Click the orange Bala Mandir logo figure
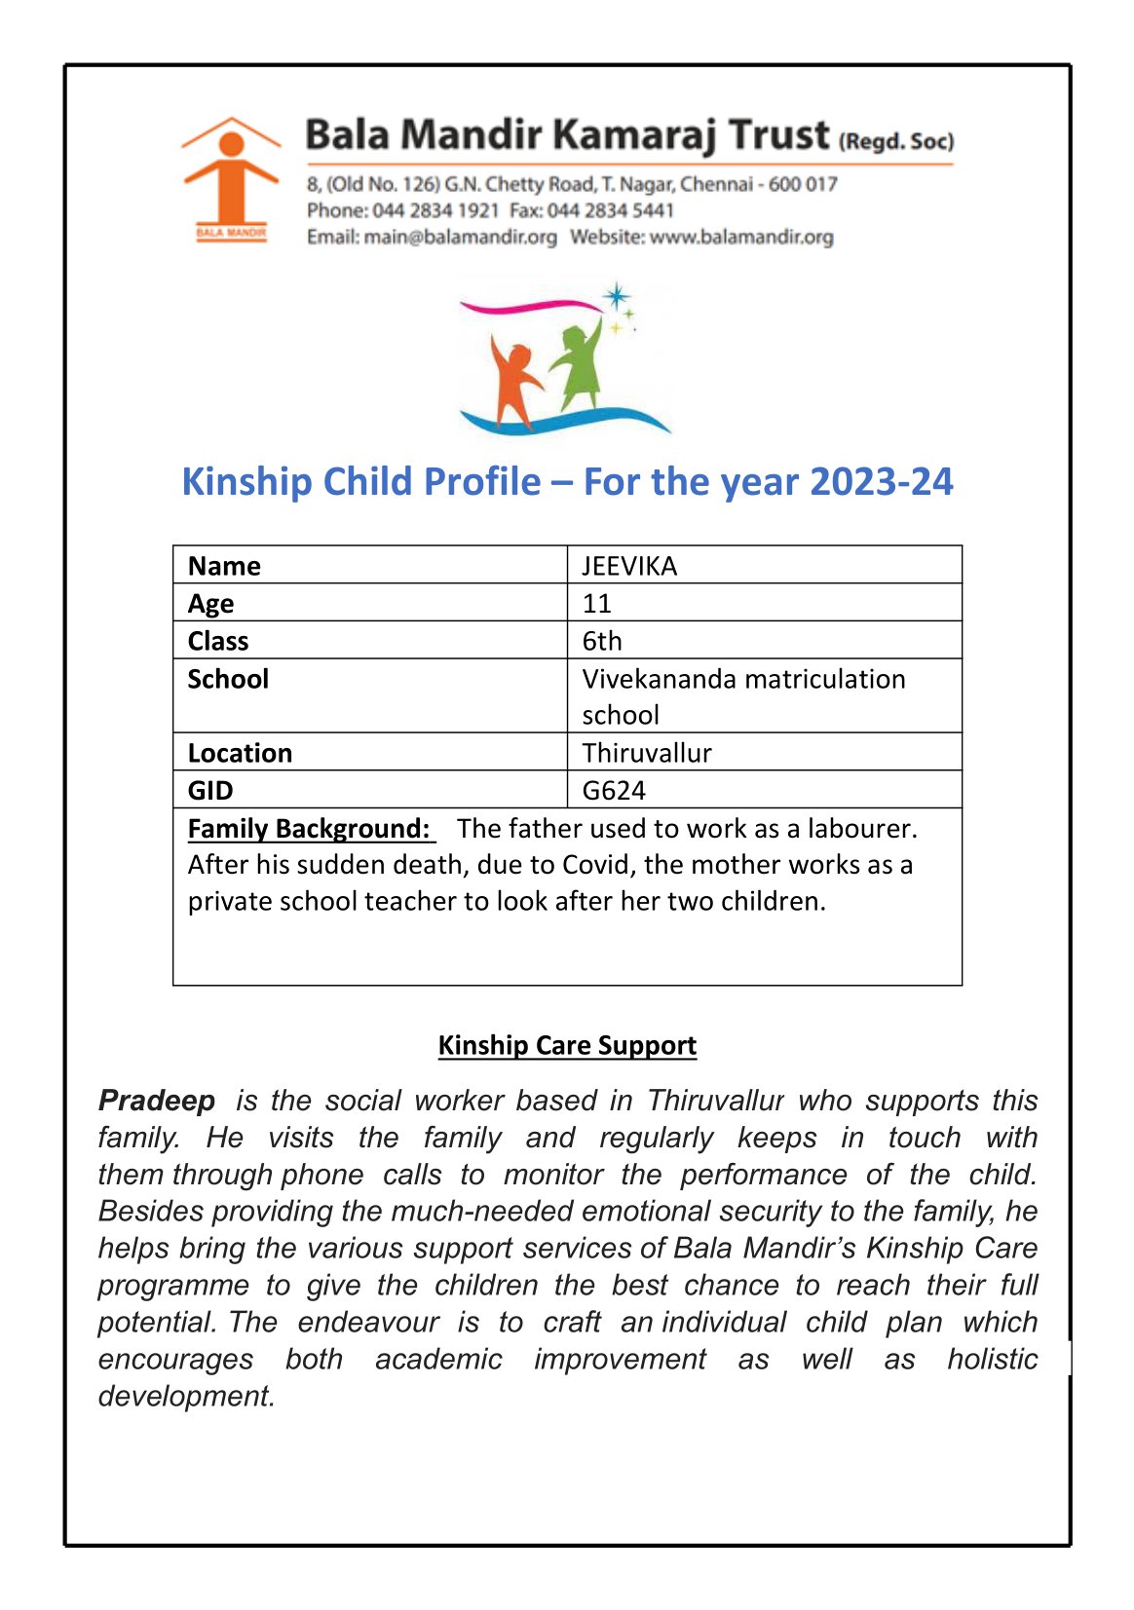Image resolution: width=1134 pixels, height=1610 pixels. coord(230,175)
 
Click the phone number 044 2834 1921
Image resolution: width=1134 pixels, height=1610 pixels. coord(435,210)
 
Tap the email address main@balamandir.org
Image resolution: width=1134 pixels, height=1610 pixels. coord(460,237)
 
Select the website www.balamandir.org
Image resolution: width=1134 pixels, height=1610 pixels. coord(741,237)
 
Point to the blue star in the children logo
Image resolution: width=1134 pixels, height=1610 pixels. coord(616,296)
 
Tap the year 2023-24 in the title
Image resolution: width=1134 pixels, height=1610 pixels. coord(881,481)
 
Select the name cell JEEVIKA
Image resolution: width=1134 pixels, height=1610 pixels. coord(629,566)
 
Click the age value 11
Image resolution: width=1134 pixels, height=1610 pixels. coord(596,604)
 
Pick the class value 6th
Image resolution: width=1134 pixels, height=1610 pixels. coord(602,641)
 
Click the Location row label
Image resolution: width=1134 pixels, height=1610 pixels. coord(240,753)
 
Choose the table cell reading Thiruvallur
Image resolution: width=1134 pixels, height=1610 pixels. coord(647,753)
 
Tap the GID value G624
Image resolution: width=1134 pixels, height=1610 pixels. coord(614,790)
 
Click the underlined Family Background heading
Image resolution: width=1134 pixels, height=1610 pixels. coord(309,828)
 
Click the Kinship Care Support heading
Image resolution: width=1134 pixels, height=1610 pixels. coord(567,1045)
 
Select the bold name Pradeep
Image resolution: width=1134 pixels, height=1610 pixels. coord(157,1101)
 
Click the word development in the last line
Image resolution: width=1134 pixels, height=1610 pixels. coord(186,1396)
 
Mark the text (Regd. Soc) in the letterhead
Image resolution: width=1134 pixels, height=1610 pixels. coord(895,141)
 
